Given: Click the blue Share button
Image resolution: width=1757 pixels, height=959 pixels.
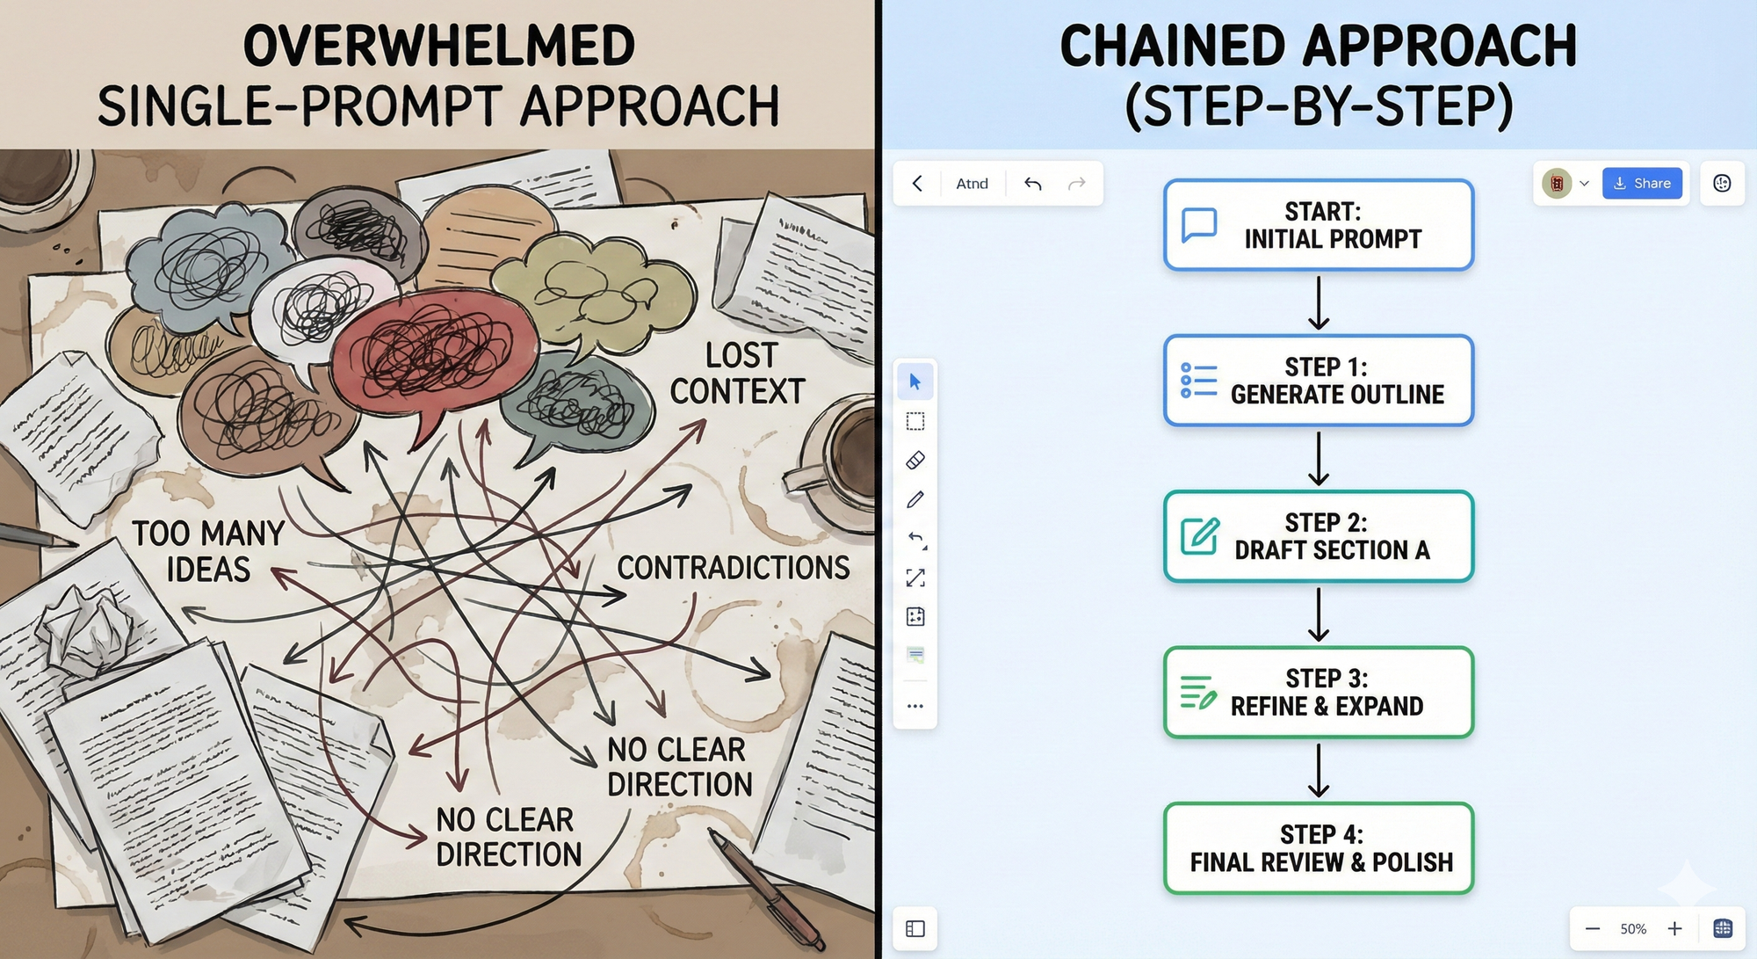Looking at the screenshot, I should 1642,183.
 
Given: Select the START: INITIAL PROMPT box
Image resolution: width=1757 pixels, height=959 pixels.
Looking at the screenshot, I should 1318,225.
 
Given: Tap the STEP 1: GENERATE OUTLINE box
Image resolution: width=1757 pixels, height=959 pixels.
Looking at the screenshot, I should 1318,381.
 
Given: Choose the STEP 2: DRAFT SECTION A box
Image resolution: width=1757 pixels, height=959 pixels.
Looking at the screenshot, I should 1318,536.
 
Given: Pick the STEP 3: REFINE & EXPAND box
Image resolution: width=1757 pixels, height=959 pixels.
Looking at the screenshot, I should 1318,693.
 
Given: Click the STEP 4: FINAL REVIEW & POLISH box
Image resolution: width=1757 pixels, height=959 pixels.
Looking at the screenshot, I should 1318,848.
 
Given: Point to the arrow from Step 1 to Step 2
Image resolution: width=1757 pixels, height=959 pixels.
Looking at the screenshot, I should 1319,458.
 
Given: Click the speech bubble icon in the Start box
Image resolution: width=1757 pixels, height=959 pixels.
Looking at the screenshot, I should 1199,224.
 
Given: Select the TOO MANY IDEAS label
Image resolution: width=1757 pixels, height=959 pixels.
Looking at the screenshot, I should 208,551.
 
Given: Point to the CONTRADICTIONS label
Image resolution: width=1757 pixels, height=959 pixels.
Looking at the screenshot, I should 733,568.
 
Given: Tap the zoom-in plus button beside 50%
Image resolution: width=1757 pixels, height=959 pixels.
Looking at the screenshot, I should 1675,928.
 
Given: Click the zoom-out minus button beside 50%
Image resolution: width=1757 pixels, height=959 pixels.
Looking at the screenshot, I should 1593,928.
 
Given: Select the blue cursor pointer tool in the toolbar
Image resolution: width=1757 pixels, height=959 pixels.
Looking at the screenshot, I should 915,381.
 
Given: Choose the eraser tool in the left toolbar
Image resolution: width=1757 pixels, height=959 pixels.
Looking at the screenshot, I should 915,460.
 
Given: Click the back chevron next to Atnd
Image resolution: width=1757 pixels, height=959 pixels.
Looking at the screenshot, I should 917,183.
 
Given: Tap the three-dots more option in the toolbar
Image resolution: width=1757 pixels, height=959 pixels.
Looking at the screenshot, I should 915,706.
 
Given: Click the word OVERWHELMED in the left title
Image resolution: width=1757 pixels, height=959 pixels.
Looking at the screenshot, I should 438,46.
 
